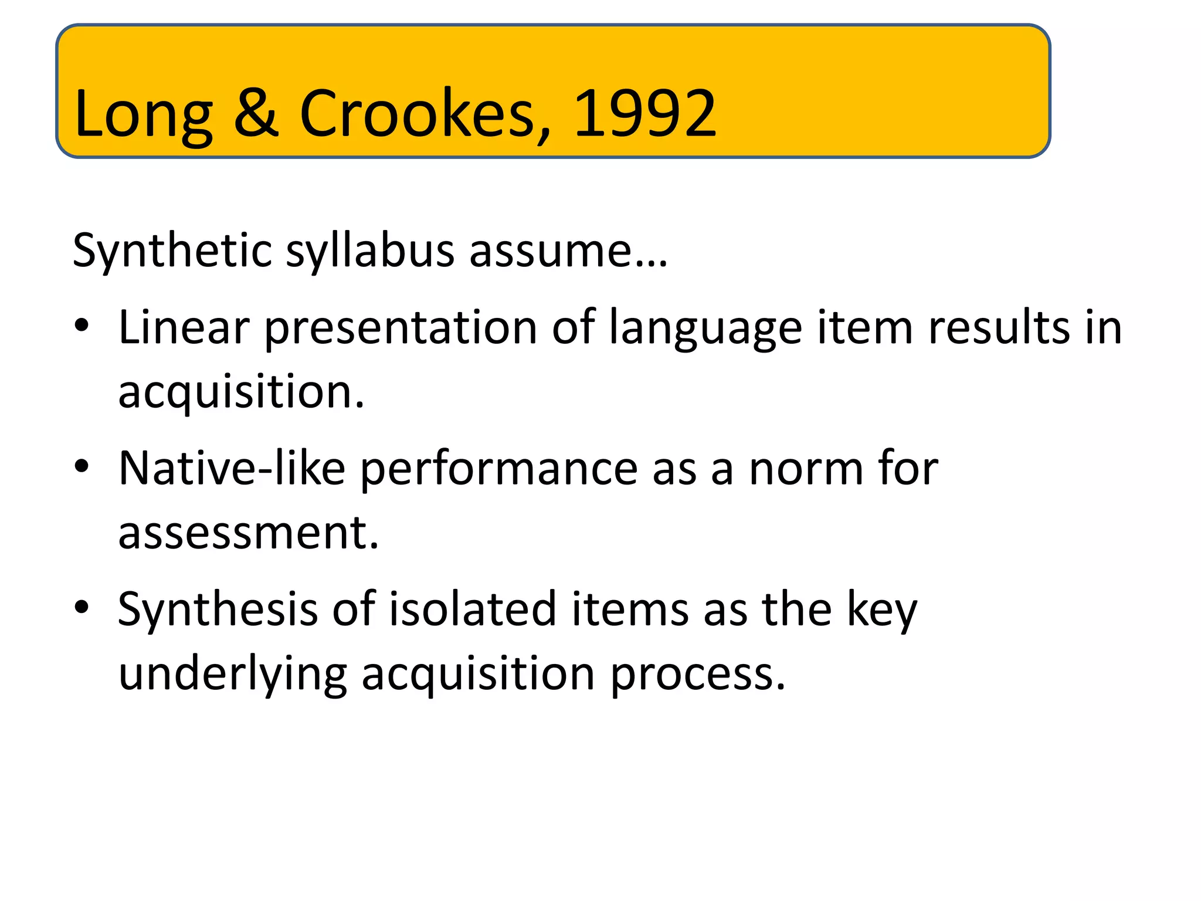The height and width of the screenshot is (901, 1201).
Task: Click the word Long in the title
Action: tap(143, 114)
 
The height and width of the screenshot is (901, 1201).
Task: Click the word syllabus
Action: tap(370, 251)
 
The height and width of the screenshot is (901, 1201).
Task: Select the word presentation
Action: tap(401, 328)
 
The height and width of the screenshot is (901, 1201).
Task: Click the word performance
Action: tap(498, 469)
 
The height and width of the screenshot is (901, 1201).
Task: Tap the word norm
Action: tap(806, 469)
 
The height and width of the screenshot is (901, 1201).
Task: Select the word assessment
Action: tap(249, 533)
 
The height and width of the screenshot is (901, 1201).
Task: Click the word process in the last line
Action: tap(698, 675)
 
